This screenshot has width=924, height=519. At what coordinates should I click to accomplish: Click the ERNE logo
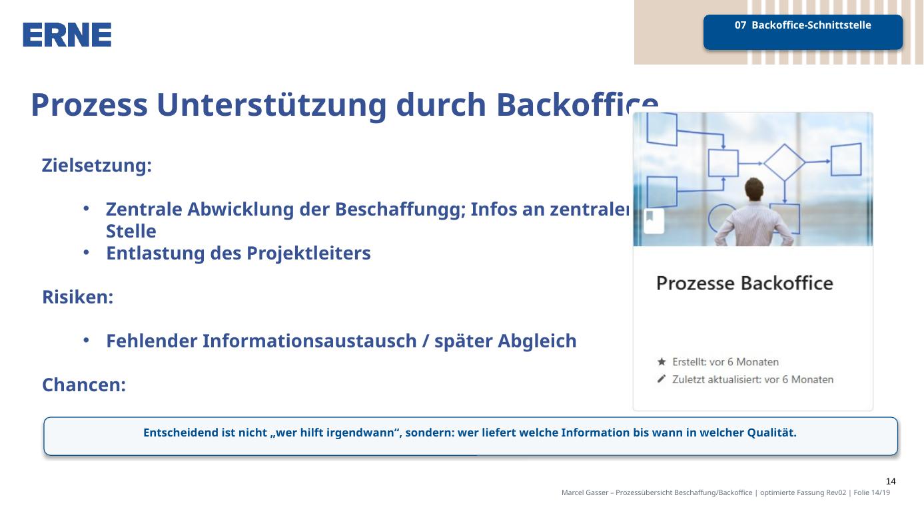tap(67, 35)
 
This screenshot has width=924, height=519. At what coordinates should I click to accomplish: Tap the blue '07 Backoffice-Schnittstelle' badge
tap(803, 32)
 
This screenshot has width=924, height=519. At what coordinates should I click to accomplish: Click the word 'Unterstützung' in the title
tap(271, 105)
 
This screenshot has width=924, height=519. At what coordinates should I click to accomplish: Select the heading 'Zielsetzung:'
tap(97, 166)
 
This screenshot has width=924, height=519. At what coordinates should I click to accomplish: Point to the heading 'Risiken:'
tap(78, 297)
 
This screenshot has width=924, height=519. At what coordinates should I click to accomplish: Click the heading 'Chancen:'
tap(84, 385)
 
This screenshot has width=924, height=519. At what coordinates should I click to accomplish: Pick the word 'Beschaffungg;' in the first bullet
tap(400, 209)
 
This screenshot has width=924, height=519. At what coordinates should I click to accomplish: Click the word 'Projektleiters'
tap(308, 254)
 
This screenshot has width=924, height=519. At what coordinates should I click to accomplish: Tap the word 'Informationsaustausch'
tap(309, 341)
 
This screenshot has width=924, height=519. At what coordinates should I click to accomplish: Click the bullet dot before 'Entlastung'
tap(86, 252)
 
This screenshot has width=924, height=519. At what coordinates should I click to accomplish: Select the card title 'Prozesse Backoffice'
tap(745, 283)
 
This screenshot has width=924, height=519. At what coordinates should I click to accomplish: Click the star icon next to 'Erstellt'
tap(662, 362)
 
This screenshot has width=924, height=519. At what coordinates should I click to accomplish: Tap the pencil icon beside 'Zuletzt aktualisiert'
tap(662, 379)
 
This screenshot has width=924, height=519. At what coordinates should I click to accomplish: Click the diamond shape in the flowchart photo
tap(784, 162)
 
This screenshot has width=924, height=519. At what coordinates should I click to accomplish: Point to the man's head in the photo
tap(755, 190)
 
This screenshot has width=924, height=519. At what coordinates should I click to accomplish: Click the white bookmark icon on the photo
tap(654, 220)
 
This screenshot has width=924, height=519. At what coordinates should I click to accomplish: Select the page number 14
tap(891, 481)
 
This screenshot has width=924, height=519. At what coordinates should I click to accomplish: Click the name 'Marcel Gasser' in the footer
tap(585, 492)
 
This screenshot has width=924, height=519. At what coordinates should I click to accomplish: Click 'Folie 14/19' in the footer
tap(871, 492)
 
